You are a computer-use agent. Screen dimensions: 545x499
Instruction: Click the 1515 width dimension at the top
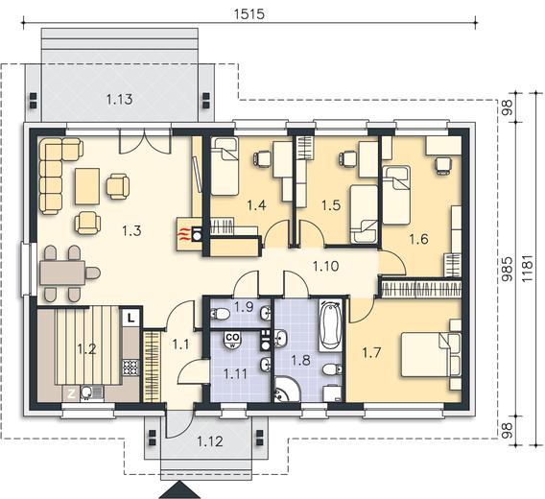[x=249, y=13]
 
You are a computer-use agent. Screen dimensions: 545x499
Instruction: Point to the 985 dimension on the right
[x=509, y=269]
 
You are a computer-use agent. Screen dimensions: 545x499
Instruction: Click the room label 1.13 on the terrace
[x=120, y=100]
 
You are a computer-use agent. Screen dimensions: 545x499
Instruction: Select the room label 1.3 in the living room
[x=131, y=230]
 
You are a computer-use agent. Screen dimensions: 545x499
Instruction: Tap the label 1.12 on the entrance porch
[x=210, y=441]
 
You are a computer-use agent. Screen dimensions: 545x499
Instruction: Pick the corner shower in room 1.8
[x=286, y=391]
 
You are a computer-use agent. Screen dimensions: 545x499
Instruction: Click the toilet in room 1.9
[x=220, y=315]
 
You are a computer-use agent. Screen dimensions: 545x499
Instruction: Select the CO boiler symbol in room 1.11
[x=232, y=340]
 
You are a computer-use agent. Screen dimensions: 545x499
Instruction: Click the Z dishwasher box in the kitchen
[x=71, y=393]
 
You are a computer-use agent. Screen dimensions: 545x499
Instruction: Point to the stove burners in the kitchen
[x=130, y=368]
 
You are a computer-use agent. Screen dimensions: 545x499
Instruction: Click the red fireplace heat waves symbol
[x=184, y=234]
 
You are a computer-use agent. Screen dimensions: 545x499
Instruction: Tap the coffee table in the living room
[x=87, y=186]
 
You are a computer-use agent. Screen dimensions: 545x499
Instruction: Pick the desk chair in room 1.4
[x=263, y=158]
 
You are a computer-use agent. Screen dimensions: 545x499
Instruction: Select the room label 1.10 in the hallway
[x=325, y=267]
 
